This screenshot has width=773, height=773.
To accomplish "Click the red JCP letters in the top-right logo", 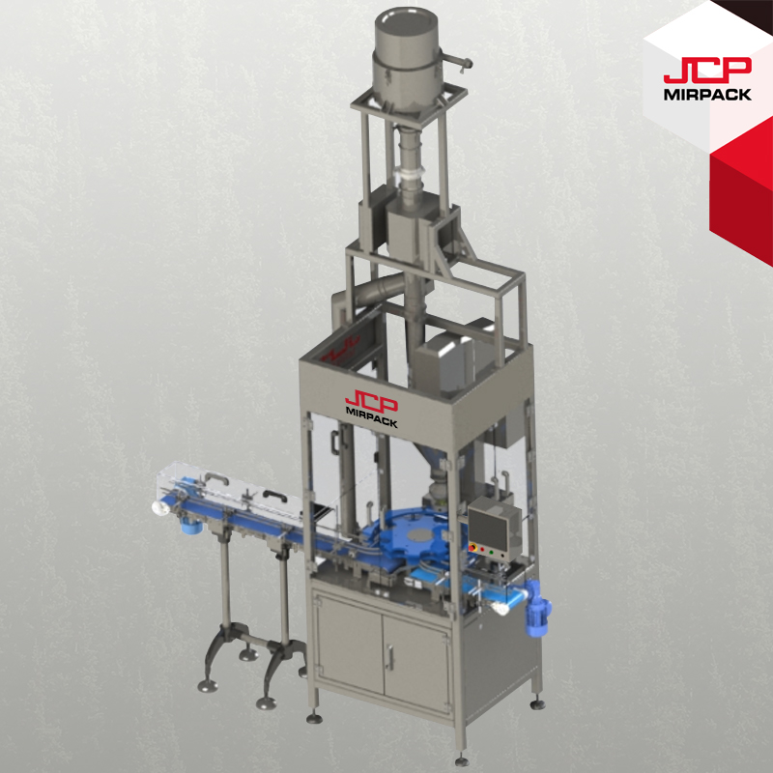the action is click(707, 71).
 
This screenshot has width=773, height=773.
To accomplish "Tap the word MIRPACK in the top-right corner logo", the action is click(707, 94).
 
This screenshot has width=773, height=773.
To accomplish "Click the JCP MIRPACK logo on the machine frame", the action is click(371, 409).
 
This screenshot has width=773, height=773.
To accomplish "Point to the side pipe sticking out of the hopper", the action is click(455, 61).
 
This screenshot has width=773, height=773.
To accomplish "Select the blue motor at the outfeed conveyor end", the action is click(537, 608).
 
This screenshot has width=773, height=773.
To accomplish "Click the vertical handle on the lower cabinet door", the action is click(390, 658).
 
